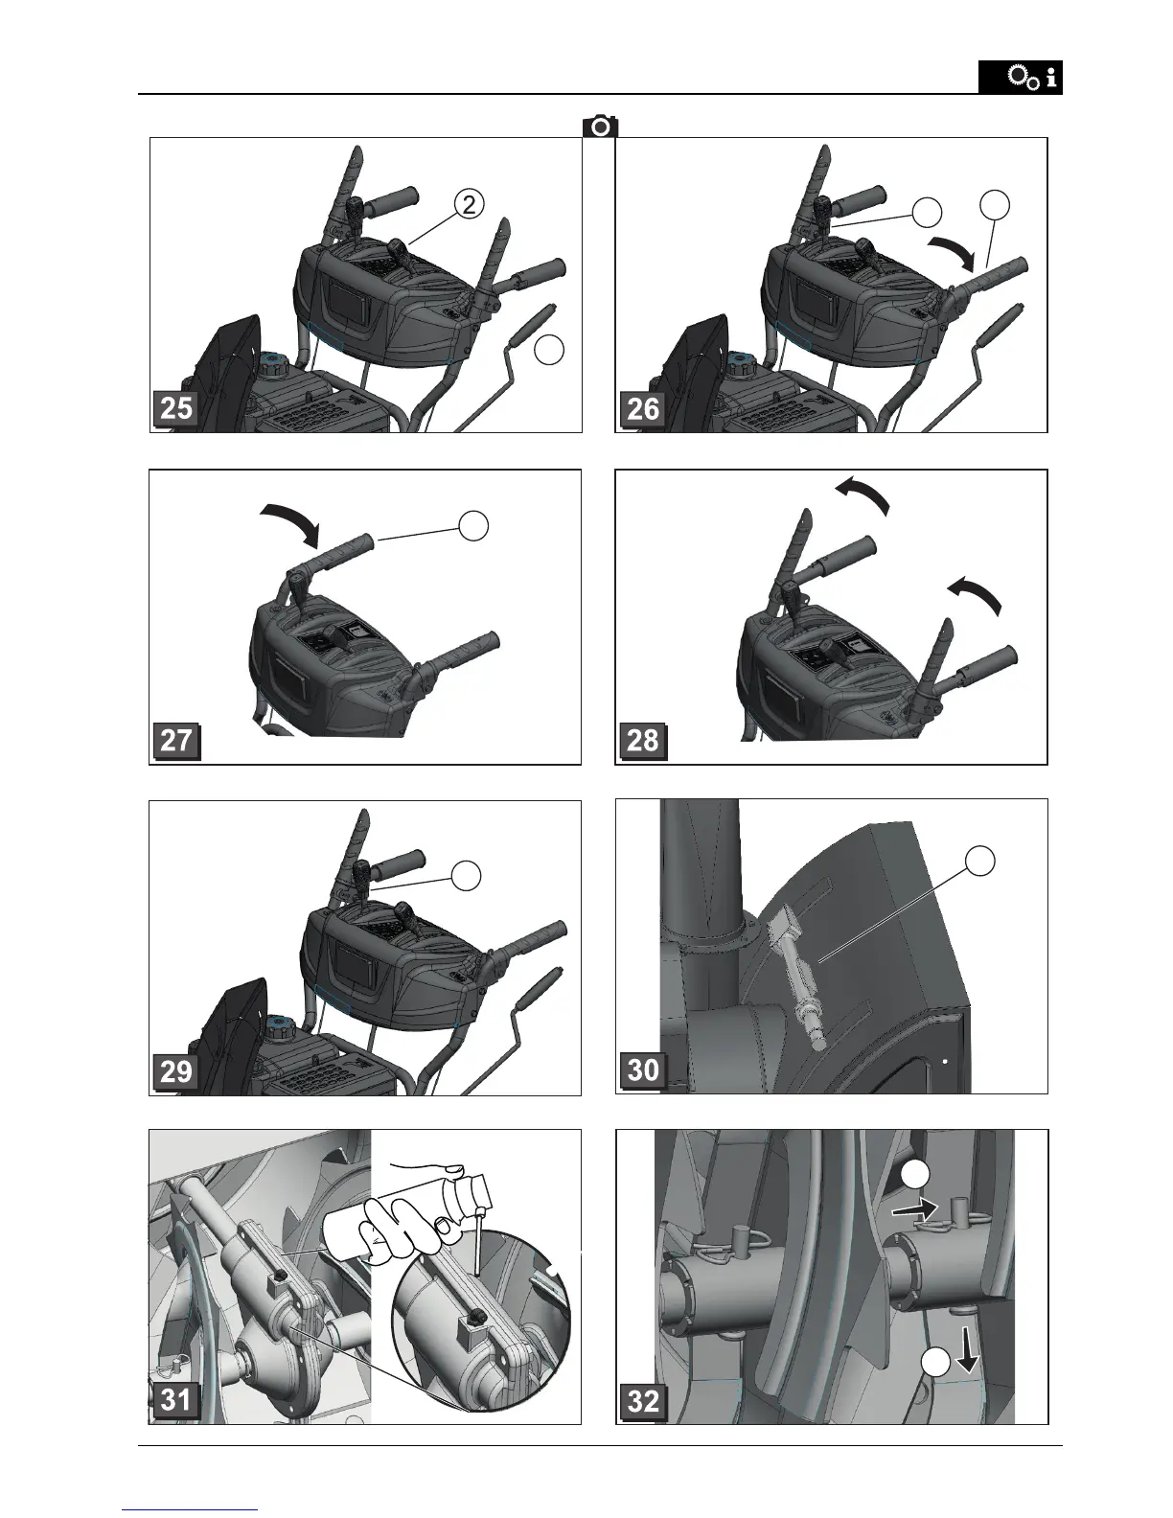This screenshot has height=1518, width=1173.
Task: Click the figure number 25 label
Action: tap(176, 408)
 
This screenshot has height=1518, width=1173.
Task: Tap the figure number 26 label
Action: tap(643, 408)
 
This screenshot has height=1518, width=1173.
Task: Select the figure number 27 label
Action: tap(176, 741)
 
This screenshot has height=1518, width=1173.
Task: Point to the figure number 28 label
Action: tap(643, 741)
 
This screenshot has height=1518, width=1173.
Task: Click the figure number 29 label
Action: tap(176, 1071)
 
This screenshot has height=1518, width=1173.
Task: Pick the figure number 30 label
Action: tap(643, 1069)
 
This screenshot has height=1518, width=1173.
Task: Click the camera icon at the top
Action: tap(600, 126)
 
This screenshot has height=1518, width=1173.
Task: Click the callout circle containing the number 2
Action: tap(469, 204)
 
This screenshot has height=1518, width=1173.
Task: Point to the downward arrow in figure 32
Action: tap(968, 1354)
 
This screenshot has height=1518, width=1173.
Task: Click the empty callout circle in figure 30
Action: tap(980, 861)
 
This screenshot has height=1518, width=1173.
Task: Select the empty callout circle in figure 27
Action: tap(473, 525)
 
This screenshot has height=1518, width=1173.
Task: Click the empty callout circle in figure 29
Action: tap(466, 875)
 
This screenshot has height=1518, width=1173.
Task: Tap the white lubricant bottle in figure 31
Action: tap(405, 1215)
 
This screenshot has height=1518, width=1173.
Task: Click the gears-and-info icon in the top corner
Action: tap(1020, 77)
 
